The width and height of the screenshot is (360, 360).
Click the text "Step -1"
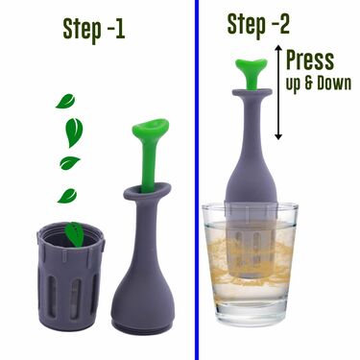[x=93, y=30]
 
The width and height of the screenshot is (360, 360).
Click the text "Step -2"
[x=258, y=25]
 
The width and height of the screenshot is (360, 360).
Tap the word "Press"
[x=310, y=60]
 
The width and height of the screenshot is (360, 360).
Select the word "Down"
[x=334, y=83]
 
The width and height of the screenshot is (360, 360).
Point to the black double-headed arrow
[x=278, y=93]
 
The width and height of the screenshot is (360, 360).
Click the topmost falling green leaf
[x=65, y=101]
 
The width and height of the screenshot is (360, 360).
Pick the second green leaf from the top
[x=74, y=132]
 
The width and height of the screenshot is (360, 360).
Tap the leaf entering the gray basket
[x=74, y=234]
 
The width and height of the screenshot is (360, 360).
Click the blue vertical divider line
[x=196, y=180]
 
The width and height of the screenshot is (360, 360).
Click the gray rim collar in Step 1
[x=147, y=193]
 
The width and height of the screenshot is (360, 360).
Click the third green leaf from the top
[x=70, y=162]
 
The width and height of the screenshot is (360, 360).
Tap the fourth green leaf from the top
[x=67, y=196]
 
